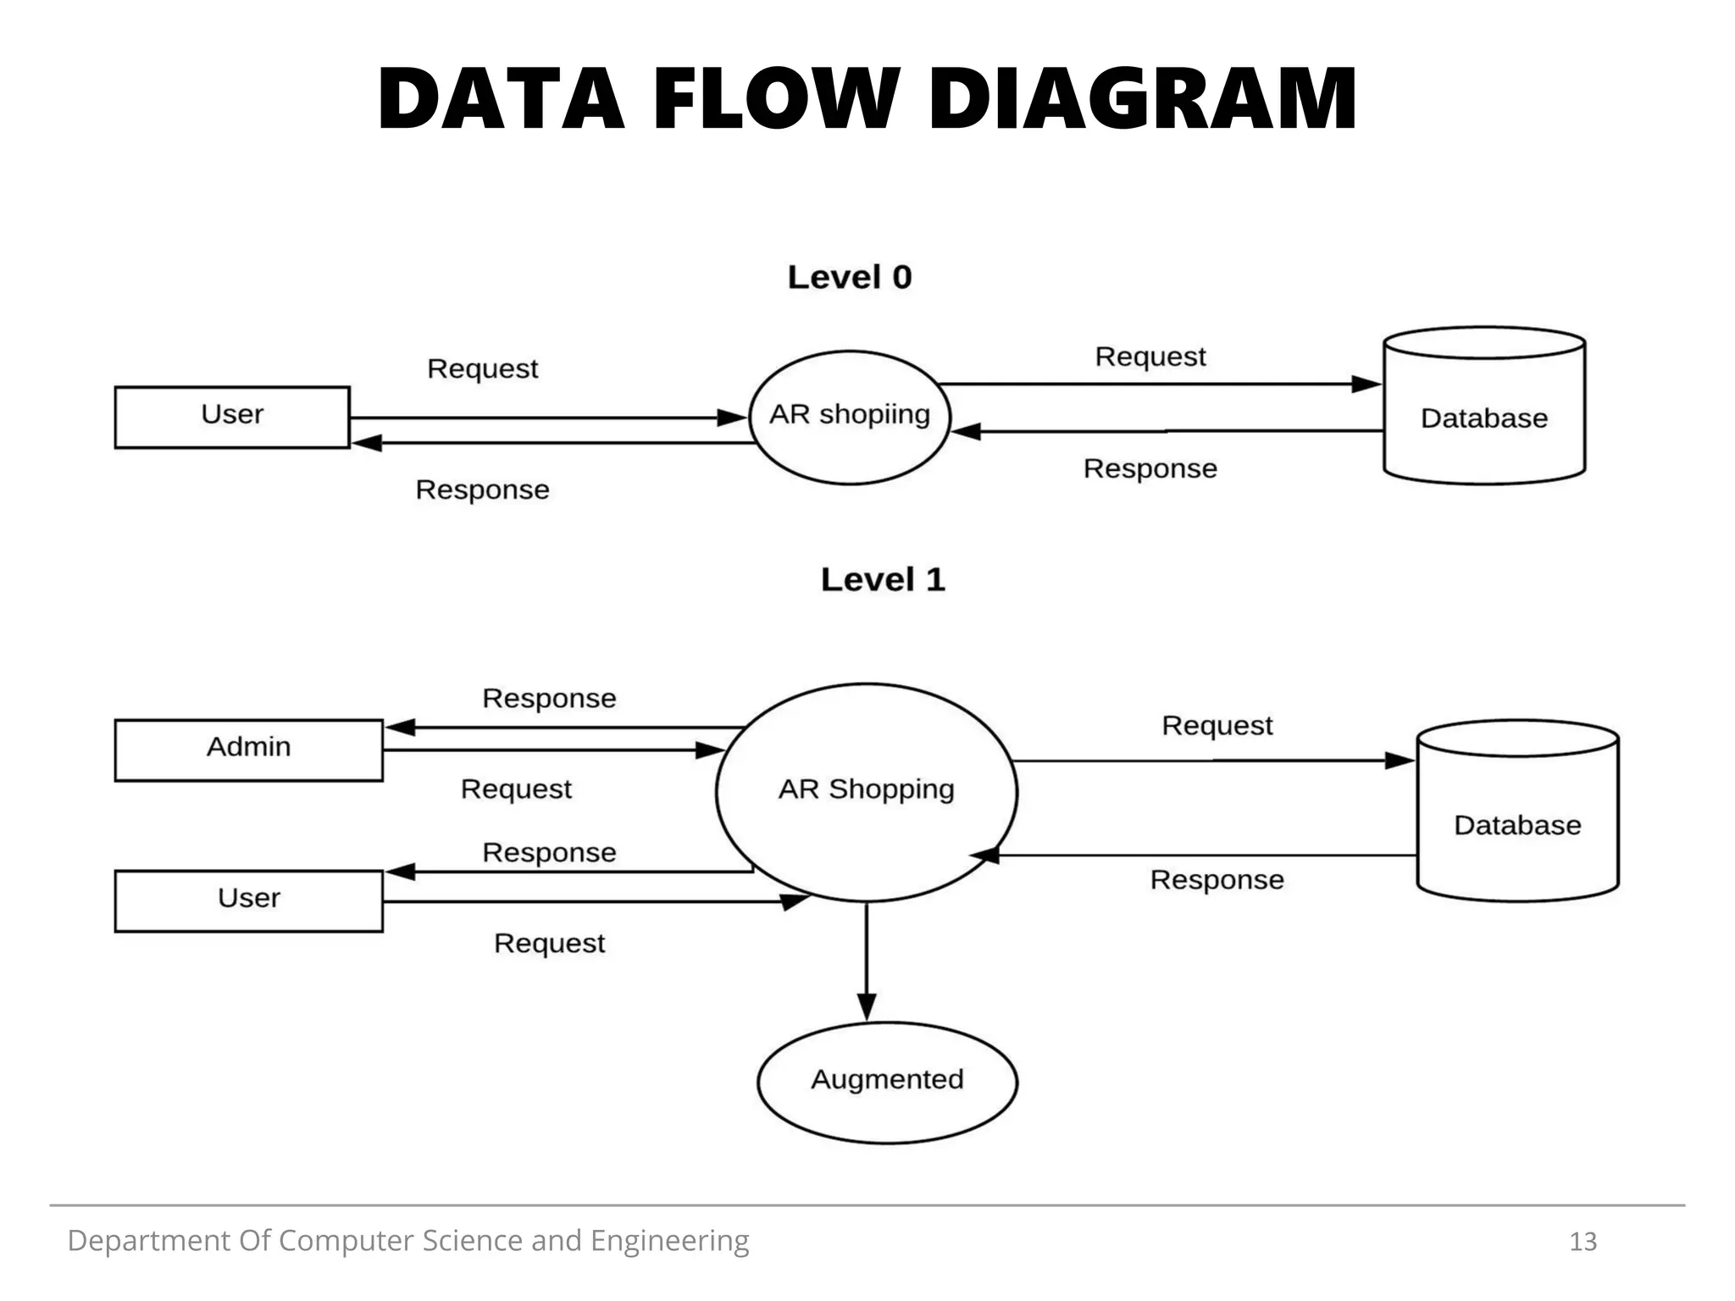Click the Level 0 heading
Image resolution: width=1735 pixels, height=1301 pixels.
click(849, 278)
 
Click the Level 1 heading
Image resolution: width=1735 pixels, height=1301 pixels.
click(882, 580)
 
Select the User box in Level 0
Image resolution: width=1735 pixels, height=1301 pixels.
click(232, 417)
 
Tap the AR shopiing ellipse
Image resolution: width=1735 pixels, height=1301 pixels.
click(850, 417)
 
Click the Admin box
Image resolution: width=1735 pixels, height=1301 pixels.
click(248, 750)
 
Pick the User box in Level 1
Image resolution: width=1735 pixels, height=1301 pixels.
click(248, 900)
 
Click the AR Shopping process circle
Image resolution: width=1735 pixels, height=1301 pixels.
click(866, 791)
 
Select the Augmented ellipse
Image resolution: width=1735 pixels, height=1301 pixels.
click(887, 1082)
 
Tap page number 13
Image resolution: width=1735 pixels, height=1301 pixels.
click(1583, 1242)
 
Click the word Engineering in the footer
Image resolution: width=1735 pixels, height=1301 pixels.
click(669, 1241)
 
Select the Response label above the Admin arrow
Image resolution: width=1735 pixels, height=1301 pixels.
click(549, 699)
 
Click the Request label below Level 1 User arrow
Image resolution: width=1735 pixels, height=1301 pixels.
click(549, 944)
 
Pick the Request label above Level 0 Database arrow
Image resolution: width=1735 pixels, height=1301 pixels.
click(1150, 357)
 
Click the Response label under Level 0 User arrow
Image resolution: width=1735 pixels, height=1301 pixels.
click(482, 490)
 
